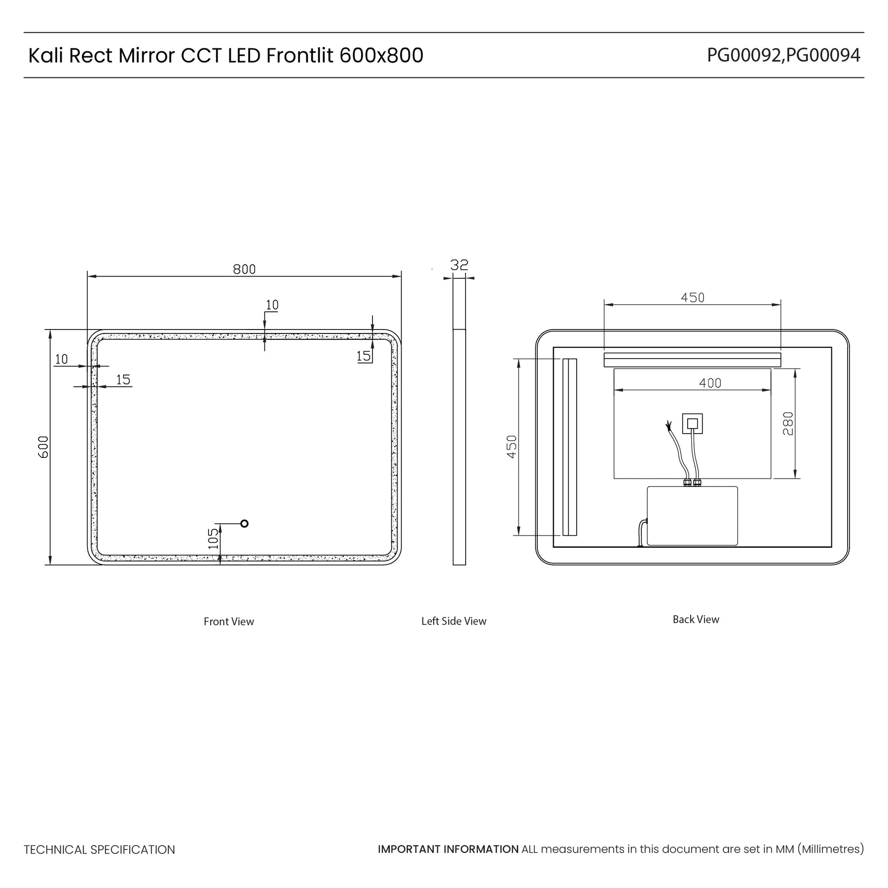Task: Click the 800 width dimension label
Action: [x=244, y=269]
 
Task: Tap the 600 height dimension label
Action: [x=43, y=447]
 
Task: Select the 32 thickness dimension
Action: [x=459, y=265]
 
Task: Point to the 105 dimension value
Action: [x=213, y=539]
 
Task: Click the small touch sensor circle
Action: [x=244, y=523]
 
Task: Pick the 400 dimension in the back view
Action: [x=710, y=383]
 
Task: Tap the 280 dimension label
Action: [x=788, y=423]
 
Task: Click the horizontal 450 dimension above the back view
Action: [x=693, y=297]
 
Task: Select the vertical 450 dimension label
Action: [x=512, y=446]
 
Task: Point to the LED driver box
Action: [x=692, y=516]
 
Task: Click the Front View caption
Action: [x=229, y=622]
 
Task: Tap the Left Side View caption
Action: [x=454, y=621]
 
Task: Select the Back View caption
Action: [x=696, y=619]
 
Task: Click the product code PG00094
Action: [x=823, y=56]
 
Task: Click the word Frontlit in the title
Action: [x=300, y=55]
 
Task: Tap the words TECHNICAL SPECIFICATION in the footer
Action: [x=99, y=850]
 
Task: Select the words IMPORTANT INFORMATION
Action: [x=448, y=849]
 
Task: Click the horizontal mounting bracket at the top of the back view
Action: [x=692, y=360]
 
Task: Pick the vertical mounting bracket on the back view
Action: [x=570, y=447]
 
